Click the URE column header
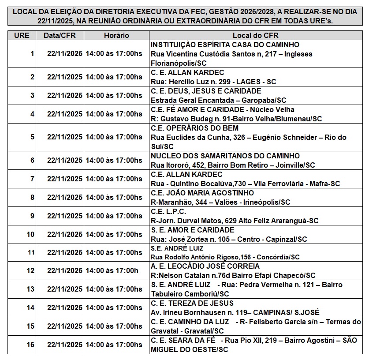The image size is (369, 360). point(22,35)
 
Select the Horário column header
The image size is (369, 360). point(116,35)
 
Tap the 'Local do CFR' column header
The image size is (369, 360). point(256,35)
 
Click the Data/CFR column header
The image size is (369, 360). point(60,35)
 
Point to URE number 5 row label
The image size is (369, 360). point(32,137)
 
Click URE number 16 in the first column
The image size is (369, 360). point(30,345)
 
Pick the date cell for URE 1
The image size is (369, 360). point(65,54)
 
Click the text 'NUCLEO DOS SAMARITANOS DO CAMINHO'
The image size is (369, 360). point(225,156)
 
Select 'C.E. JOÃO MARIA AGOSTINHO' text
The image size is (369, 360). point(202,193)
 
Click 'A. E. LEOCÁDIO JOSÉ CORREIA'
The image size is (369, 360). point(205,266)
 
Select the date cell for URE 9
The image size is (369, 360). point(65,216)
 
